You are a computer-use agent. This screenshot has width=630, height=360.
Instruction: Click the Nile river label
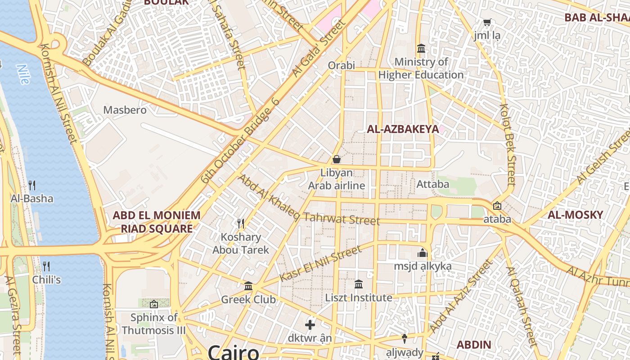point(22,74)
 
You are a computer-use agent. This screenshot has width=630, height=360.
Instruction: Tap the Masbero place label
point(125,110)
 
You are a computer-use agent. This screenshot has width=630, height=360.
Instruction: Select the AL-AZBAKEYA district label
point(403,130)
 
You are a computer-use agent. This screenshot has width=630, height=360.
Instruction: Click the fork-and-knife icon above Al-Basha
point(32,185)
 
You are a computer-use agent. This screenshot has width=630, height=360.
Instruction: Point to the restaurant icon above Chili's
point(46,266)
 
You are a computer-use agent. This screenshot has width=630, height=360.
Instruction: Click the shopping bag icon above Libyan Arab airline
point(336,159)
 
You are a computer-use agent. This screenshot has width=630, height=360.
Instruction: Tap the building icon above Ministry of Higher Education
point(421,48)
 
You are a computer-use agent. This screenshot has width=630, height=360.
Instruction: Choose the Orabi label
point(341,65)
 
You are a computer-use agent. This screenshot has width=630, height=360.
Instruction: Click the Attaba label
point(433,184)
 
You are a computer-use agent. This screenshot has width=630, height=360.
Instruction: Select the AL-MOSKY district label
point(575,215)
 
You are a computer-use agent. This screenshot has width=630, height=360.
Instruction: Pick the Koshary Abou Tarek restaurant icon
point(241,223)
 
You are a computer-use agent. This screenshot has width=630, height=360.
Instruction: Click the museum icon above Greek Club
point(248,286)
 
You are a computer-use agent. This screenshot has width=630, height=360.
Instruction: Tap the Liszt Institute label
point(359,298)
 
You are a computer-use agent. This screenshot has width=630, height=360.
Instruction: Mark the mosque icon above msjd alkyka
point(422,253)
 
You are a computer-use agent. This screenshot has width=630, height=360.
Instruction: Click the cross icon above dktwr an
point(310,324)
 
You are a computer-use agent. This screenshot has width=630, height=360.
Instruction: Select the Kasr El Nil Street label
point(320,264)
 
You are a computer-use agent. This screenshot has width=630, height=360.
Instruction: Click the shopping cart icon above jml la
point(487,22)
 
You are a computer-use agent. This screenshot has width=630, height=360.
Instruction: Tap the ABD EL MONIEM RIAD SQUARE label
point(156,222)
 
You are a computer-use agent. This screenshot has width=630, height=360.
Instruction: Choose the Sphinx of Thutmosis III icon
point(154,304)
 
